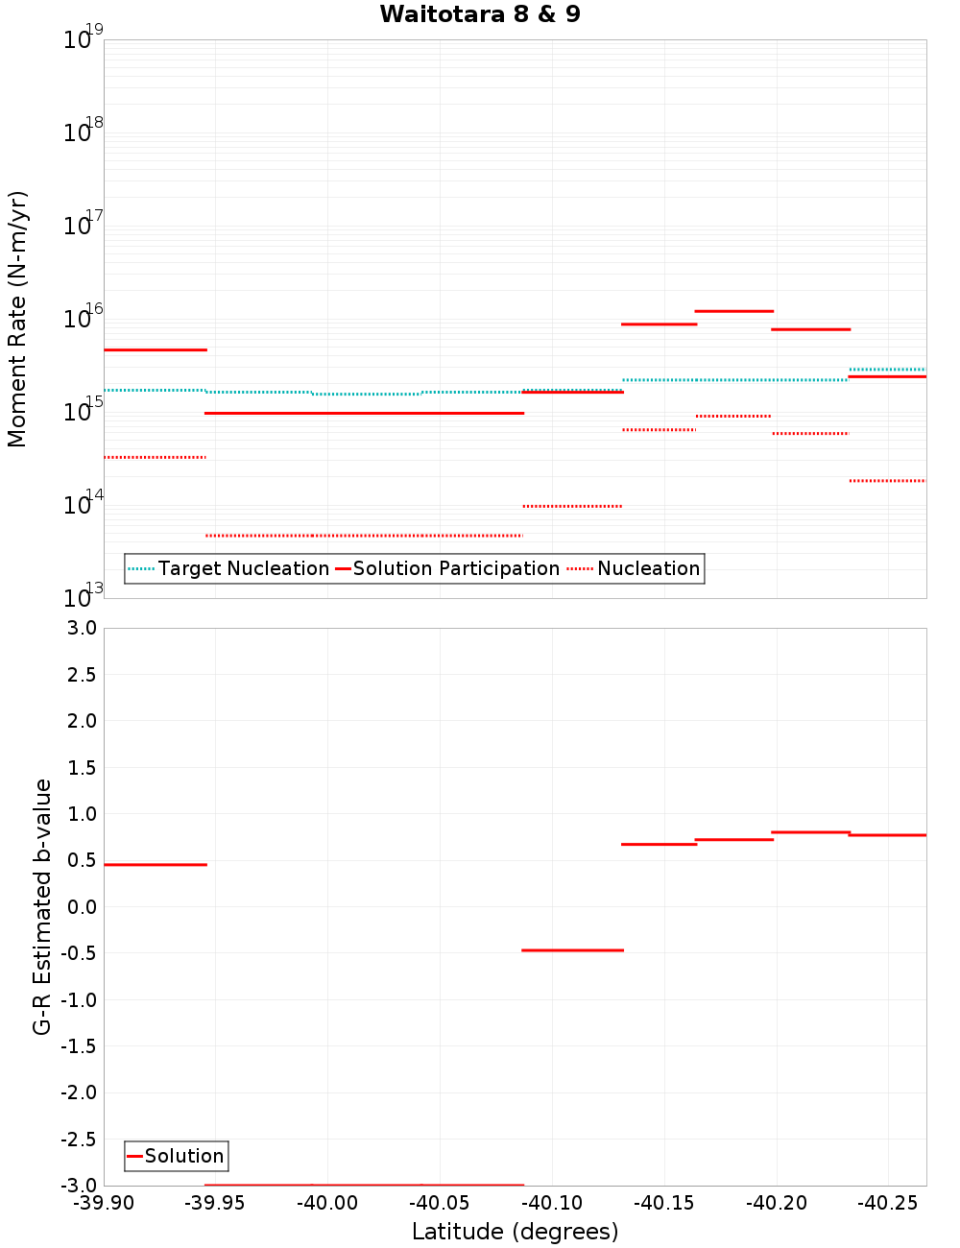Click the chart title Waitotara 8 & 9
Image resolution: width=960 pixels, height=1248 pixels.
coord(480,14)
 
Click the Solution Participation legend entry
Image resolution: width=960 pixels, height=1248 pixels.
coord(446,568)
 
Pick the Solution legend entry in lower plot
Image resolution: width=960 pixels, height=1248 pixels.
coord(176,1156)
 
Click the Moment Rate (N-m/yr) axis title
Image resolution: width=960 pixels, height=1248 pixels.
coord(17,319)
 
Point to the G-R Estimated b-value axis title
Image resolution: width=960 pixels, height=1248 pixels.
coord(42,906)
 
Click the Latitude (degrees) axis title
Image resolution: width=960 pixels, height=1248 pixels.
coord(515,1232)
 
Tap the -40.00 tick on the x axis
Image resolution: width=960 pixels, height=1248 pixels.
coord(327,1203)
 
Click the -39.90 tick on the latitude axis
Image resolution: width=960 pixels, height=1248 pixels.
coord(104,1203)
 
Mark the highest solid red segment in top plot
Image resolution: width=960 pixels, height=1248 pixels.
coord(734,311)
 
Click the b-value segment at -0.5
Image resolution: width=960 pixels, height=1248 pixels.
coord(572,950)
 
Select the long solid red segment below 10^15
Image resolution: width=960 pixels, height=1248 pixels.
coord(365,413)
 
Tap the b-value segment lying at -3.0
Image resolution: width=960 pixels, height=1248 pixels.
coord(365,1185)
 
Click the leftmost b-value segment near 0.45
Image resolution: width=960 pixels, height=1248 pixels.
coord(156,865)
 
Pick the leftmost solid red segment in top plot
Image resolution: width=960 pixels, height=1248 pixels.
coord(156,349)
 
